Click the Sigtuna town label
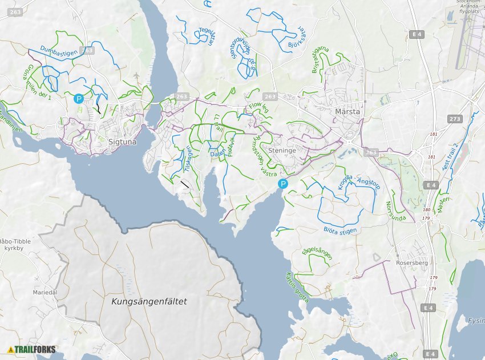pos(122,142)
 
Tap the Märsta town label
pos(348,111)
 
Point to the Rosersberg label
pos(412,263)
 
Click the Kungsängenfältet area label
pos(149,301)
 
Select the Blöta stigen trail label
pos(340,230)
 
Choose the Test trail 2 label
pos(450,157)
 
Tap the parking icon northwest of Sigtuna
pos(79,99)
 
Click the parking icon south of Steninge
pos(282,184)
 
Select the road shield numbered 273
pos(454,119)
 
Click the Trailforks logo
pos(31,349)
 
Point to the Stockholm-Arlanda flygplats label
pos(468,6)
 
